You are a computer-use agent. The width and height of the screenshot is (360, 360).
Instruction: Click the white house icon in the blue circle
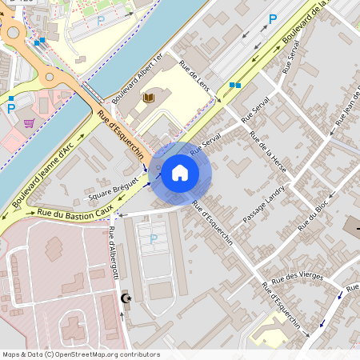click(180, 173)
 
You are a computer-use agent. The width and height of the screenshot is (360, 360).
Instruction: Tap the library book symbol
click(148, 98)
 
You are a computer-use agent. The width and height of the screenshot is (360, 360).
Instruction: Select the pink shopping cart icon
click(30, 123)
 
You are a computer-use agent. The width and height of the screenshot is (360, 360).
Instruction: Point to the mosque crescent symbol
click(125, 298)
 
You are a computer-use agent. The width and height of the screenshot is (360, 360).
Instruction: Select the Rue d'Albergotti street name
click(113, 253)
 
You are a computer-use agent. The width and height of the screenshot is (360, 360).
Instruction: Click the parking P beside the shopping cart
click(11, 107)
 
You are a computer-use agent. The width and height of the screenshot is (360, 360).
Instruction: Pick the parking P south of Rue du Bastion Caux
click(153, 238)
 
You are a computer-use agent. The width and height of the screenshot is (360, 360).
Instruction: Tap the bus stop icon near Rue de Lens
click(234, 84)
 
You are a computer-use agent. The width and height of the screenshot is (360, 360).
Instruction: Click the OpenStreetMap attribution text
click(81, 354)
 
